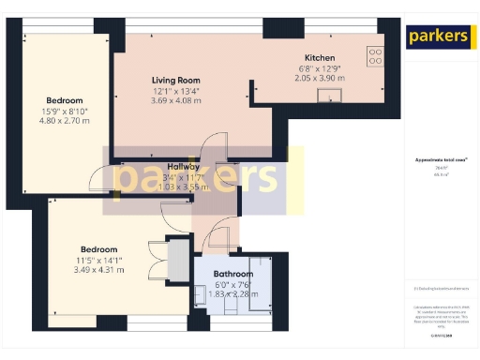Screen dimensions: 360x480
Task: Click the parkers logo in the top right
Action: pyautogui.click(x=438, y=37)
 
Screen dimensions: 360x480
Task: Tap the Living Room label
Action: pyautogui.click(x=176, y=81)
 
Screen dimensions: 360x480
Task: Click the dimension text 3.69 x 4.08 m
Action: pyautogui.click(x=176, y=101)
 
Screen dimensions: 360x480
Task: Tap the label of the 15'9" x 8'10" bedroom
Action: pyautogui.click(x=65, y=100)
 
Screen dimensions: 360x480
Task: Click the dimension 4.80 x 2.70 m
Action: pyautogui.click(x=65, y=121)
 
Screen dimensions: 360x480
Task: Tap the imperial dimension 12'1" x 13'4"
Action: pyautogui.click(x=176, y=91)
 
